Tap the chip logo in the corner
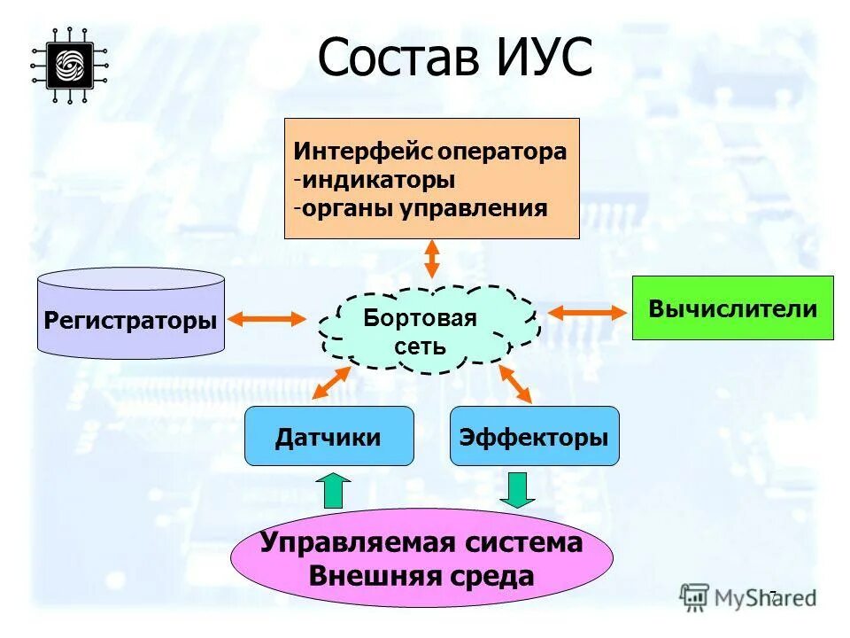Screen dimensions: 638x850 point(69,65)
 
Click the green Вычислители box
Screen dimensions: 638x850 point(732,308)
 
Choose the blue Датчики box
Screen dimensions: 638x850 point(328,436)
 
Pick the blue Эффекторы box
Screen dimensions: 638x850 point(534,436)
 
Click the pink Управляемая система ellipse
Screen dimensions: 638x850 point(421,558)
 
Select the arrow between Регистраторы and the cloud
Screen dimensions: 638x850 point(267,317)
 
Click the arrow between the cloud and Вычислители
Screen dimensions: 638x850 point(585,311)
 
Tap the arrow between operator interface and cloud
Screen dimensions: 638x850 point(431,259)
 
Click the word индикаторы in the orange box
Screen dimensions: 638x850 point(378,180)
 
